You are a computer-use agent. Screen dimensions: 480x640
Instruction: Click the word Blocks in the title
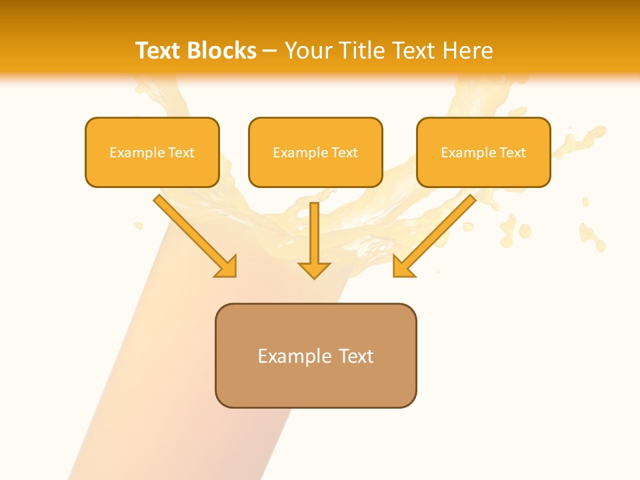tap(222, 51)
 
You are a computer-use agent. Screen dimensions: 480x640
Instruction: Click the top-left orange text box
tap(152, 152)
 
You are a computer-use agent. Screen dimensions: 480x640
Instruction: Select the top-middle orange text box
tap(315, 152)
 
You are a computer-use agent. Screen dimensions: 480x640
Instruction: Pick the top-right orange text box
tap(483, 152)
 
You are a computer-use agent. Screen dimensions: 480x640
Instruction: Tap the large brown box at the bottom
tap(315, 355)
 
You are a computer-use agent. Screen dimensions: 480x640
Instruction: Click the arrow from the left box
tap(193, 234)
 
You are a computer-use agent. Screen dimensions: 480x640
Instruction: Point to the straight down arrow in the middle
tap(314, 240)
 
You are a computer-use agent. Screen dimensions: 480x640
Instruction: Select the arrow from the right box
tap(437, 234)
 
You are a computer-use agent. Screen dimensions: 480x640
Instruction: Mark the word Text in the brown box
tap(356, 356)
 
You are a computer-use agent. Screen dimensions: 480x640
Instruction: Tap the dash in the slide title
tap(270, 51)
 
